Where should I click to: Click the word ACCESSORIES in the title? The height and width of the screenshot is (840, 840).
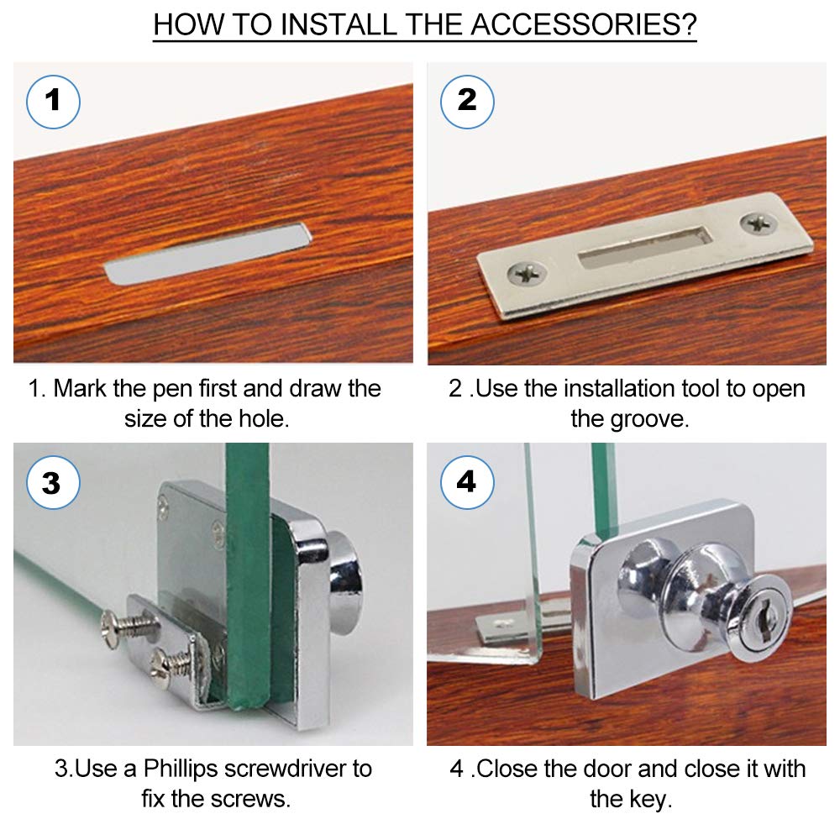[584, 24]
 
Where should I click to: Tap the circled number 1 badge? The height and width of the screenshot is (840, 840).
[53, 102]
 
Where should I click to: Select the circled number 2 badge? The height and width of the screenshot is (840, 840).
[467, 102]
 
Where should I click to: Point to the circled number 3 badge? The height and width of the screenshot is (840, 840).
[53, 483]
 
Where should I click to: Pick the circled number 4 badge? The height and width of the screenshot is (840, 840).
[467, 481]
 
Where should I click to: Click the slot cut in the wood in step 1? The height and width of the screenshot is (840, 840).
[208, 254]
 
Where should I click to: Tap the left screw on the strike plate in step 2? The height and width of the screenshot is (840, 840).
[528, 274]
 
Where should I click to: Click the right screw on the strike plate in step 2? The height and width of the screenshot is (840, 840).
[759, 223]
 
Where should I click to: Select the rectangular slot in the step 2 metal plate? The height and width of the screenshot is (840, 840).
[645, 246]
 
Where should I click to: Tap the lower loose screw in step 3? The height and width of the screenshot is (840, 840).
[172, 667]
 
